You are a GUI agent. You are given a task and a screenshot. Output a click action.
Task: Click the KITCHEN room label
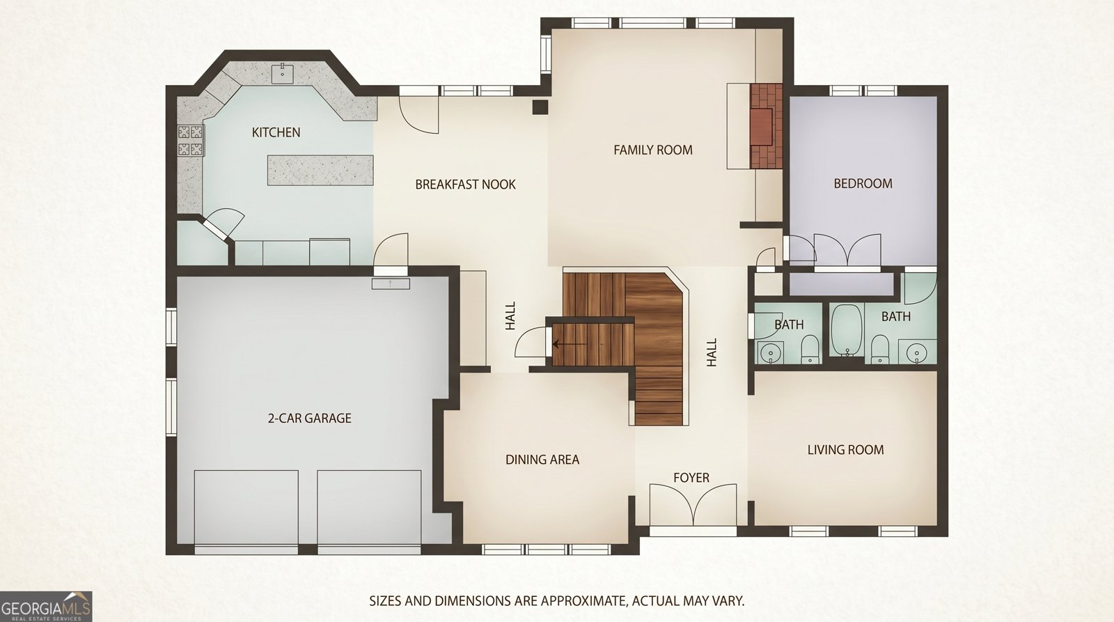pos(276,132)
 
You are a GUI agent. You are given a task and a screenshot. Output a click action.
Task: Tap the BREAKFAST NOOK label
pos(466,185)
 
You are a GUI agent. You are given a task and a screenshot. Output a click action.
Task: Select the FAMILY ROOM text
pos(653,150)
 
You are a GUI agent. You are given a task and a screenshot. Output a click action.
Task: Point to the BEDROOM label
pos(863,184)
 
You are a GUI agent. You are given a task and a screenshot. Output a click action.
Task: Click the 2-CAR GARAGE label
pos(309,418)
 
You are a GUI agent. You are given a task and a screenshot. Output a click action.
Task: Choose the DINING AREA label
pos(542,459)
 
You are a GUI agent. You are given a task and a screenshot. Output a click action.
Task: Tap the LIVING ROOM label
pos(845,450)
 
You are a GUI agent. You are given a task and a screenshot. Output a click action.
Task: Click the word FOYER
pos(691,478)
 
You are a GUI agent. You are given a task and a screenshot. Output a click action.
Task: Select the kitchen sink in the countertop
pos(283,74)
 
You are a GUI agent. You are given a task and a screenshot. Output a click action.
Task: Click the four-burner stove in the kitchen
pos(191,140)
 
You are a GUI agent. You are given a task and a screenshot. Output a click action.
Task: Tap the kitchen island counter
pos(320,170)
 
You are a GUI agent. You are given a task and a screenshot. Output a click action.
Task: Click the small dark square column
pos(540,107)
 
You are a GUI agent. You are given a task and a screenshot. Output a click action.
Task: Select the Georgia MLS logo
pos(46,606)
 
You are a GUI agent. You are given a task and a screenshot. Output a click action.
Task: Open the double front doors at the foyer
pos(693,504)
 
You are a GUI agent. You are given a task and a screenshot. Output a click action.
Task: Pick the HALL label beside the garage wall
pos(511,316)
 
